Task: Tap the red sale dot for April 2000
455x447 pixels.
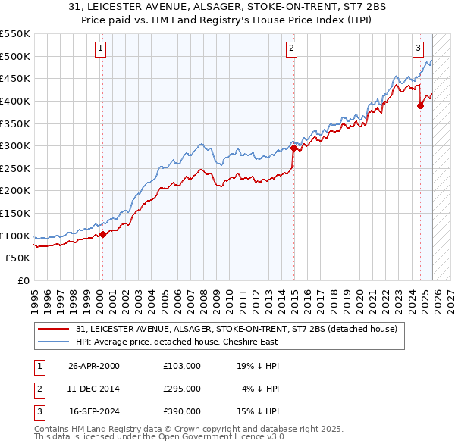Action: [x=103, y=234]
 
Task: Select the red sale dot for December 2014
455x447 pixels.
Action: [x=293, y=148]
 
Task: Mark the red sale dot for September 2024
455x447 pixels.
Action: [x=420, y=105]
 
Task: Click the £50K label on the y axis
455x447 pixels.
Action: [x=18, y=258]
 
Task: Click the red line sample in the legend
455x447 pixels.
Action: [x=55, y=330]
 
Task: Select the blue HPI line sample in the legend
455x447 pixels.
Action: [x=55, y=342]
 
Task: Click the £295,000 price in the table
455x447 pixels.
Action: [x=182, y=389]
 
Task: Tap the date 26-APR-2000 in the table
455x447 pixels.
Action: [x=93, y=366]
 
